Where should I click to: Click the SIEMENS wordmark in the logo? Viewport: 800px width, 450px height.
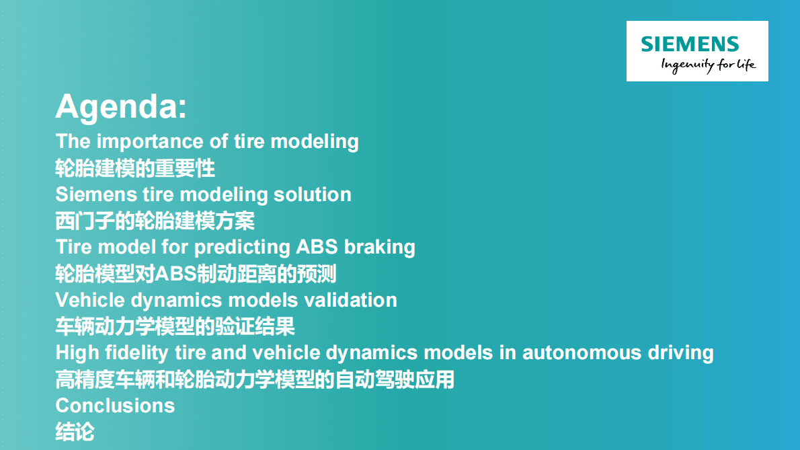[x=690, y=44]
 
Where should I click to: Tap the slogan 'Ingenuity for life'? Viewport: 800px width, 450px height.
[x=708, y=65]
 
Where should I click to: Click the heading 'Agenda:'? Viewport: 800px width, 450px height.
[x=122, y=107]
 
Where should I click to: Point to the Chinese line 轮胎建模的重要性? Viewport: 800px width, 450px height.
[x=135, y=168]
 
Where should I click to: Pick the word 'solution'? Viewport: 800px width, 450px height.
[x=312, y=194]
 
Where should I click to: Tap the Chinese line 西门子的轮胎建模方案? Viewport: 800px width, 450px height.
[x=155, y=221]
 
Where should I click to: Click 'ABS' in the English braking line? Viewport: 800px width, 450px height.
[x=317, y=247]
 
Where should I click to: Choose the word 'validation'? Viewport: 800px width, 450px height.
[x=350, y=300]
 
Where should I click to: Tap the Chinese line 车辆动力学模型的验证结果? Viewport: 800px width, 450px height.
[x=175, y=326]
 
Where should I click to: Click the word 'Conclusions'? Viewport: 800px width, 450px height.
[x=116, y=406]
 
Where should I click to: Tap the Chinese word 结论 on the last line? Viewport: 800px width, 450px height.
[x=75, y=432]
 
